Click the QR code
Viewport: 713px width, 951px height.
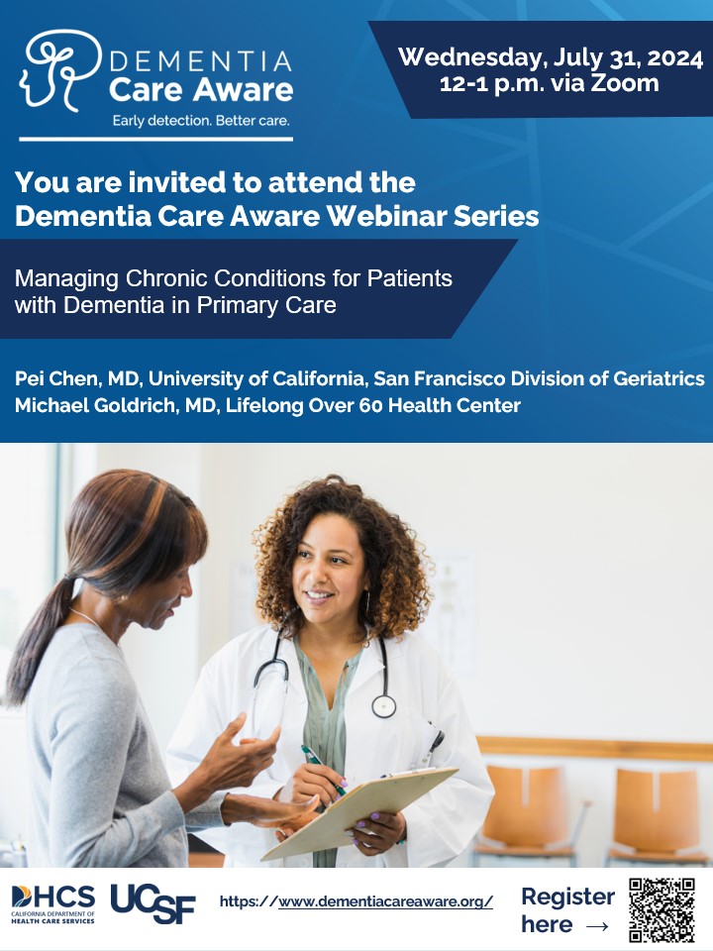(662, 909)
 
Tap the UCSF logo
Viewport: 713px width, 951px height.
(153, 902)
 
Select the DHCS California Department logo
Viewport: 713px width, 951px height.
(53, 903)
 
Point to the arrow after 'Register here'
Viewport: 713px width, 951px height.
(597, 925)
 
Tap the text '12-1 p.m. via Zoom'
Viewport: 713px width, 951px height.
(550, 83)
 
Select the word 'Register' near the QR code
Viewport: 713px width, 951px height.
(567, 897)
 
